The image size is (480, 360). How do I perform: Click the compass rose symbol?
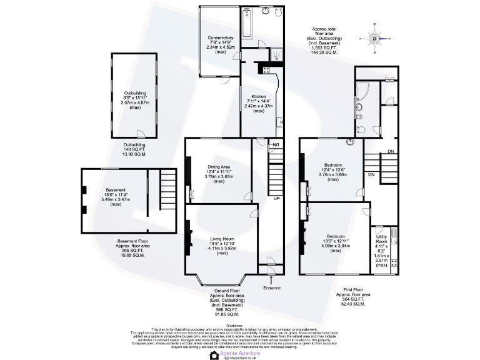(x=375, y=39)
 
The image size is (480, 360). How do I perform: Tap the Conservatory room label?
(x=221, y=37)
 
